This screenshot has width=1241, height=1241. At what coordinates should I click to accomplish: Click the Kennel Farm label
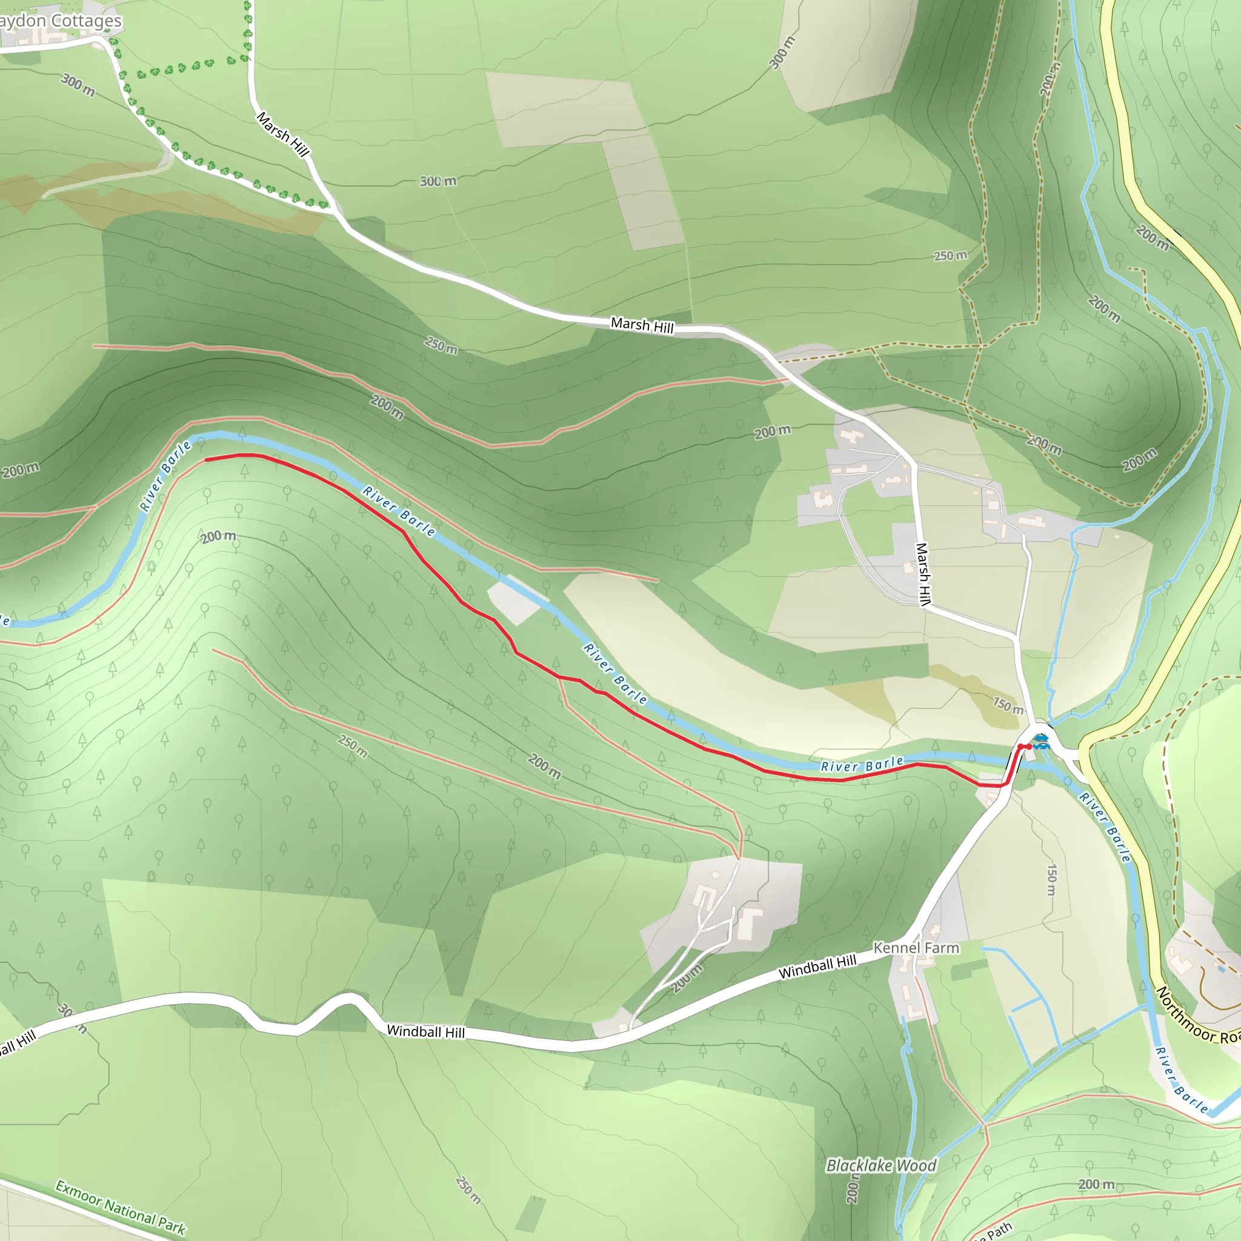tap(916, 948)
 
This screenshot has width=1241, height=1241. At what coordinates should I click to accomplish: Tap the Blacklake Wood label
tap(880, 1166)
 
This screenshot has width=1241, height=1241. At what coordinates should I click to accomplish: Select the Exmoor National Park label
tap(120, 1208)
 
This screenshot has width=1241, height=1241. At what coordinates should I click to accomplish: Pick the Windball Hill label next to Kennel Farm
tap(817, 967)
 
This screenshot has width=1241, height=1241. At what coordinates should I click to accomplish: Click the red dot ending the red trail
tap(1028, 747)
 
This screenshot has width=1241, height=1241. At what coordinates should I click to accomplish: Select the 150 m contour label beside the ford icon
tap(1008, 706)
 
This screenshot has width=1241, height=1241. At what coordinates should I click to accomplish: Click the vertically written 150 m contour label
tap(1051, 879)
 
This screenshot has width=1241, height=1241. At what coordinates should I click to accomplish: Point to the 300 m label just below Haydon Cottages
tap(78, 85)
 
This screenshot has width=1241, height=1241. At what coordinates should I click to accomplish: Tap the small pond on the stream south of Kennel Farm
tap(908, 1050)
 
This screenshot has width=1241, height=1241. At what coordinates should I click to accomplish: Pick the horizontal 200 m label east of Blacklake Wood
tap(1096, 1184)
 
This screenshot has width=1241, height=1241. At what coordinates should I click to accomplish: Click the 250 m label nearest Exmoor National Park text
tap(468, 1190)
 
